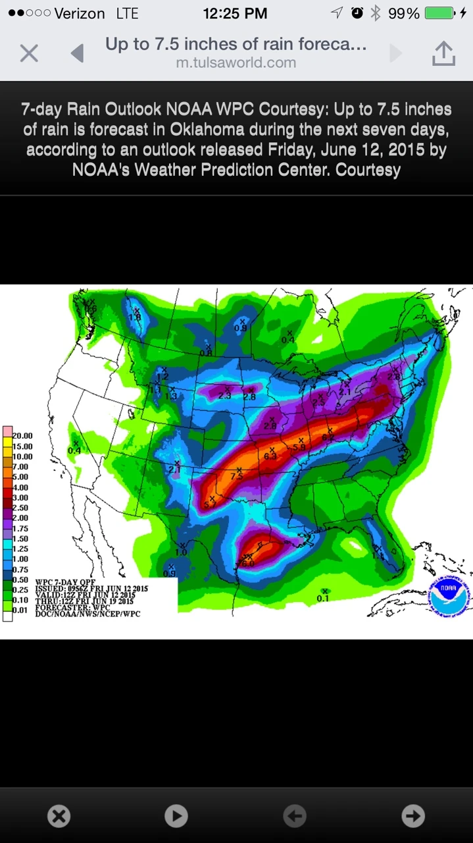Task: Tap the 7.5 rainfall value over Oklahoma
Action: (237, 476)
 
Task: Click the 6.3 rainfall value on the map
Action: (270, 456)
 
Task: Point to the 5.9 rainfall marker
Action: (300, 447)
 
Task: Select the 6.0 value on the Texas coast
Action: (248, 564)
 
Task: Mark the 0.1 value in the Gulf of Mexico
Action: (323, 598)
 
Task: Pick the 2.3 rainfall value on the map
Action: (224, 396)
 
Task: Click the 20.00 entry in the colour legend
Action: (22, 436)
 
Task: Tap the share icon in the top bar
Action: (443, 53)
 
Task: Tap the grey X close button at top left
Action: (29, 53)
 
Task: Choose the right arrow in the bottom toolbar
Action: (413, 816)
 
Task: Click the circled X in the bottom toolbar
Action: (59, 816)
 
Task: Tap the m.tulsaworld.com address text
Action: (236, 63)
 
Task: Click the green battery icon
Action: (439, 13)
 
